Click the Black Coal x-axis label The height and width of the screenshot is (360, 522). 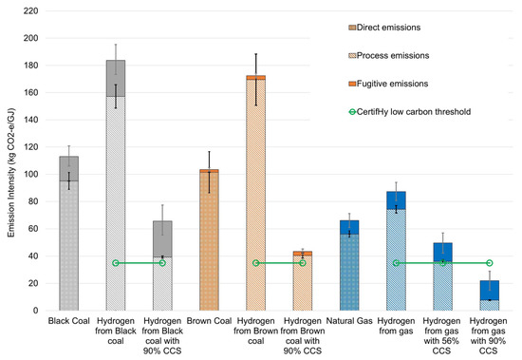click(68, 325)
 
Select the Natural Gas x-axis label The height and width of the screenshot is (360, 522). click(349, 325)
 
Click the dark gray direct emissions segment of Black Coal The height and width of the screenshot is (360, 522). click(68, 168)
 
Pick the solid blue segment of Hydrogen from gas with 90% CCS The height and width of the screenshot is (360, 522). click(490, 290)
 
